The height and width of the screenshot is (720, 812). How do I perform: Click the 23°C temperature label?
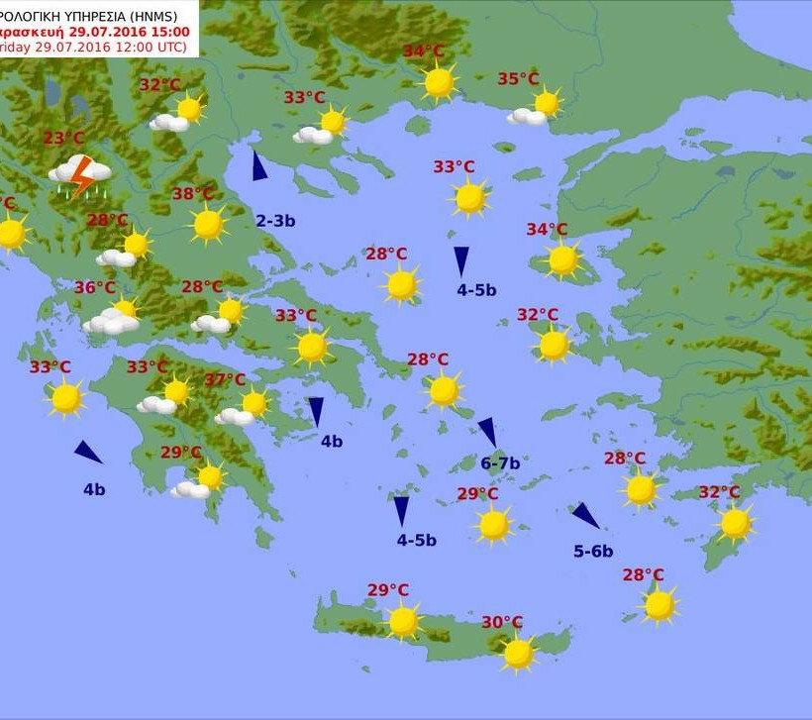(x=63, y=139)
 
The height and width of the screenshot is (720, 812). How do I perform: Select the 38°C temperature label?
(x=193, y=194)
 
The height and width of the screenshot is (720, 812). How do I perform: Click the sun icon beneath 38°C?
(x=208, y=225)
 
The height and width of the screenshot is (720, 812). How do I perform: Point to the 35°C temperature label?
(x=518, y=79)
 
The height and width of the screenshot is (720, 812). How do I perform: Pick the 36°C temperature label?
(x=95, y=288)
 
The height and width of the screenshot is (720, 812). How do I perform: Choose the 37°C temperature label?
(x=225, y=379)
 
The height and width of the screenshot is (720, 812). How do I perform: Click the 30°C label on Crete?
(x=502, y=622)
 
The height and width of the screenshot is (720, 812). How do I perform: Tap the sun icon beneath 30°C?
(x=518, y=654)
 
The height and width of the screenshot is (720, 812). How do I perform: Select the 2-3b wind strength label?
(x=275, y=221)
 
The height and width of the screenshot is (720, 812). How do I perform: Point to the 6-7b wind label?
(x=500, y=463)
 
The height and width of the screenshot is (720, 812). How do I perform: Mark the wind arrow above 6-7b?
(x=487, y=432)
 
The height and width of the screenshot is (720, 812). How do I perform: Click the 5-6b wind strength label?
(x=593, y=552)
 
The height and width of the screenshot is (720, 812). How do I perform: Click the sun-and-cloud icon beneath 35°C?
(x=535, y=109)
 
